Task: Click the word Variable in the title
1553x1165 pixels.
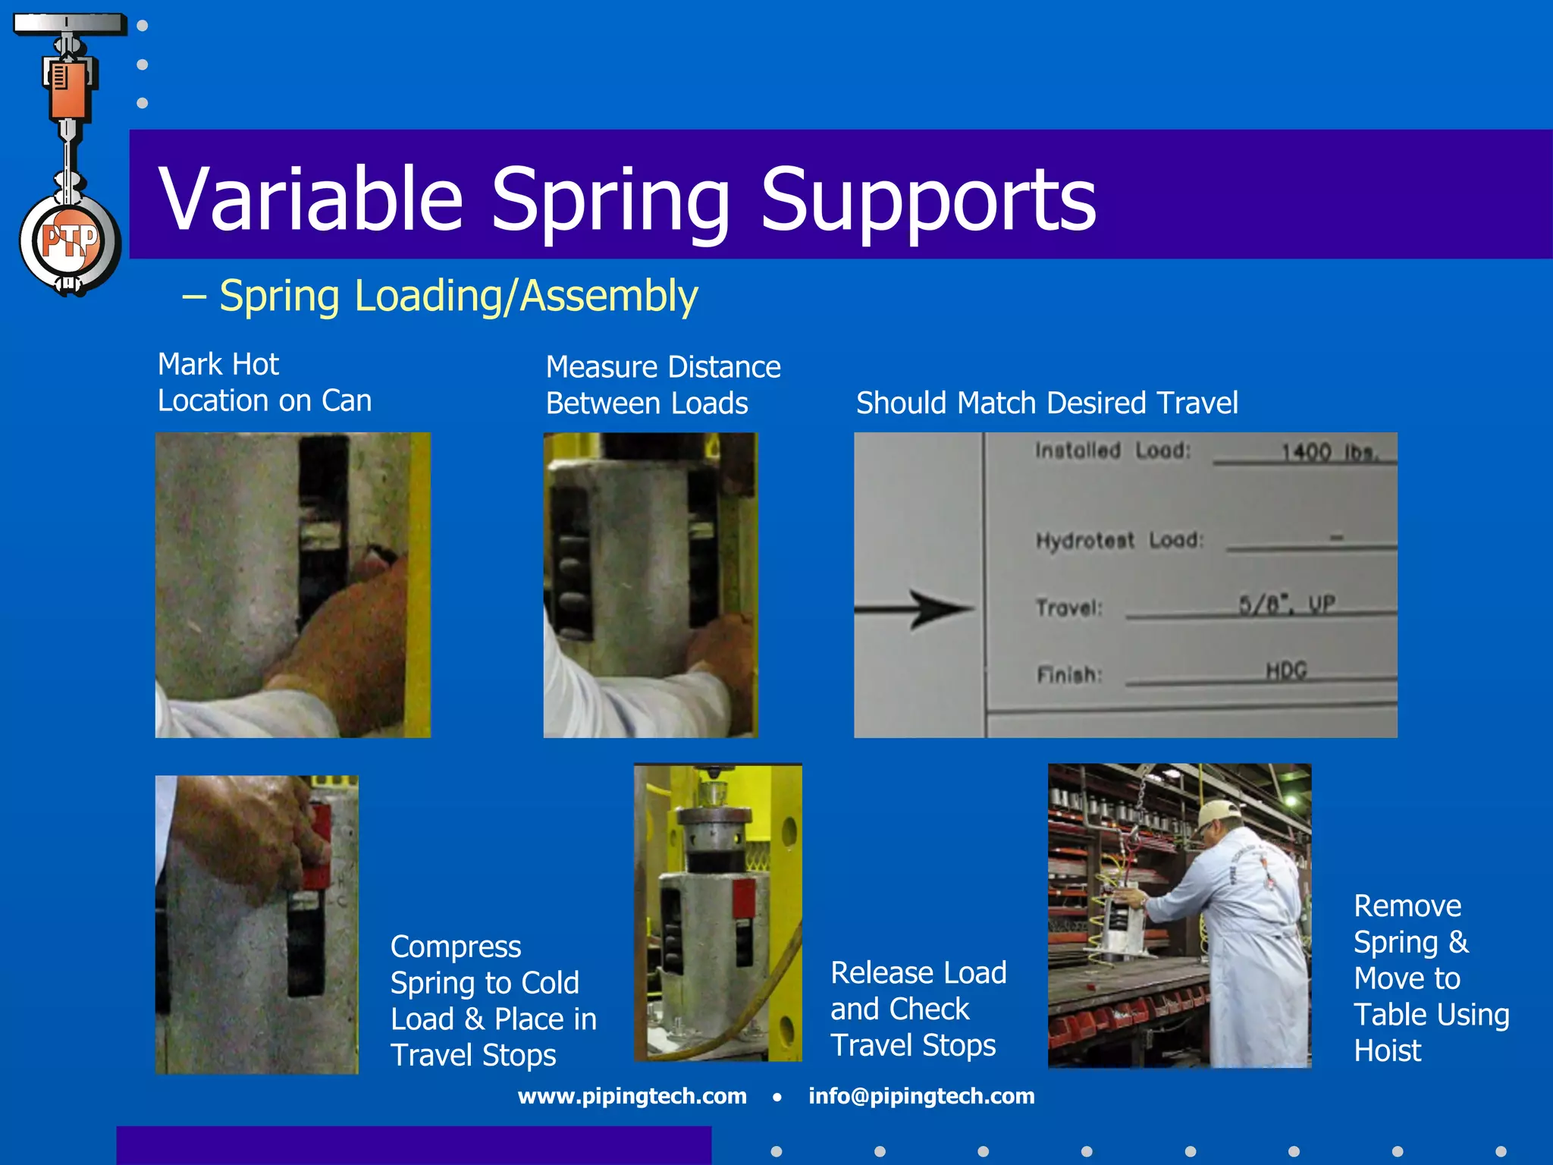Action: (x=310, y=199)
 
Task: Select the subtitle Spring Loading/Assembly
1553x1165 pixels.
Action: (x=458, y=296)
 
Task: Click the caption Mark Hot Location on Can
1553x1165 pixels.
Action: (x=264, y=382)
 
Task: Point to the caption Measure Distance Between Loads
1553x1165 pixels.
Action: (x=663, y=385)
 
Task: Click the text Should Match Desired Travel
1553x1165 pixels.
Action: (x=1046, y=403)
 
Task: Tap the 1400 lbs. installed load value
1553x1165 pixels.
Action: (x=1328, y=453)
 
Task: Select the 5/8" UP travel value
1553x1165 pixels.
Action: (x=1287, y=604)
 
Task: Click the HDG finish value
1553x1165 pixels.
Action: (x=1286, y=670)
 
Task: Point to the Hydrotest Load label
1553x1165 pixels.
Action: (x=1119, y=540)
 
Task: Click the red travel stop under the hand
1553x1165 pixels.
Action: (x=319, y=849)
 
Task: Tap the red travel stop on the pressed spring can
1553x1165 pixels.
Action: (x=744, y=899)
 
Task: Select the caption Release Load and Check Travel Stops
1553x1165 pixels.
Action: (x=918, y=1009)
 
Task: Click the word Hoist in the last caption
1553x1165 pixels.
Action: (x=1387, y=1050)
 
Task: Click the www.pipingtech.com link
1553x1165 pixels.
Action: (x=632, y=1096)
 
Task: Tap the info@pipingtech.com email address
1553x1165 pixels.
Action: (x=921, y=1096)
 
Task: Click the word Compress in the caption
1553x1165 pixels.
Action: (x=456, y=947)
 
